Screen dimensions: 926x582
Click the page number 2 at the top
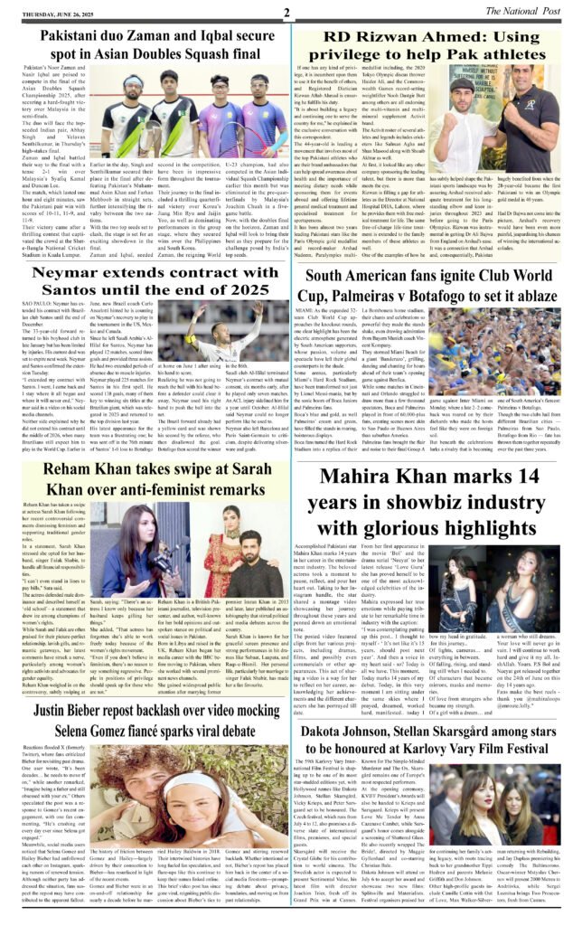[x=286, y=13]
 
